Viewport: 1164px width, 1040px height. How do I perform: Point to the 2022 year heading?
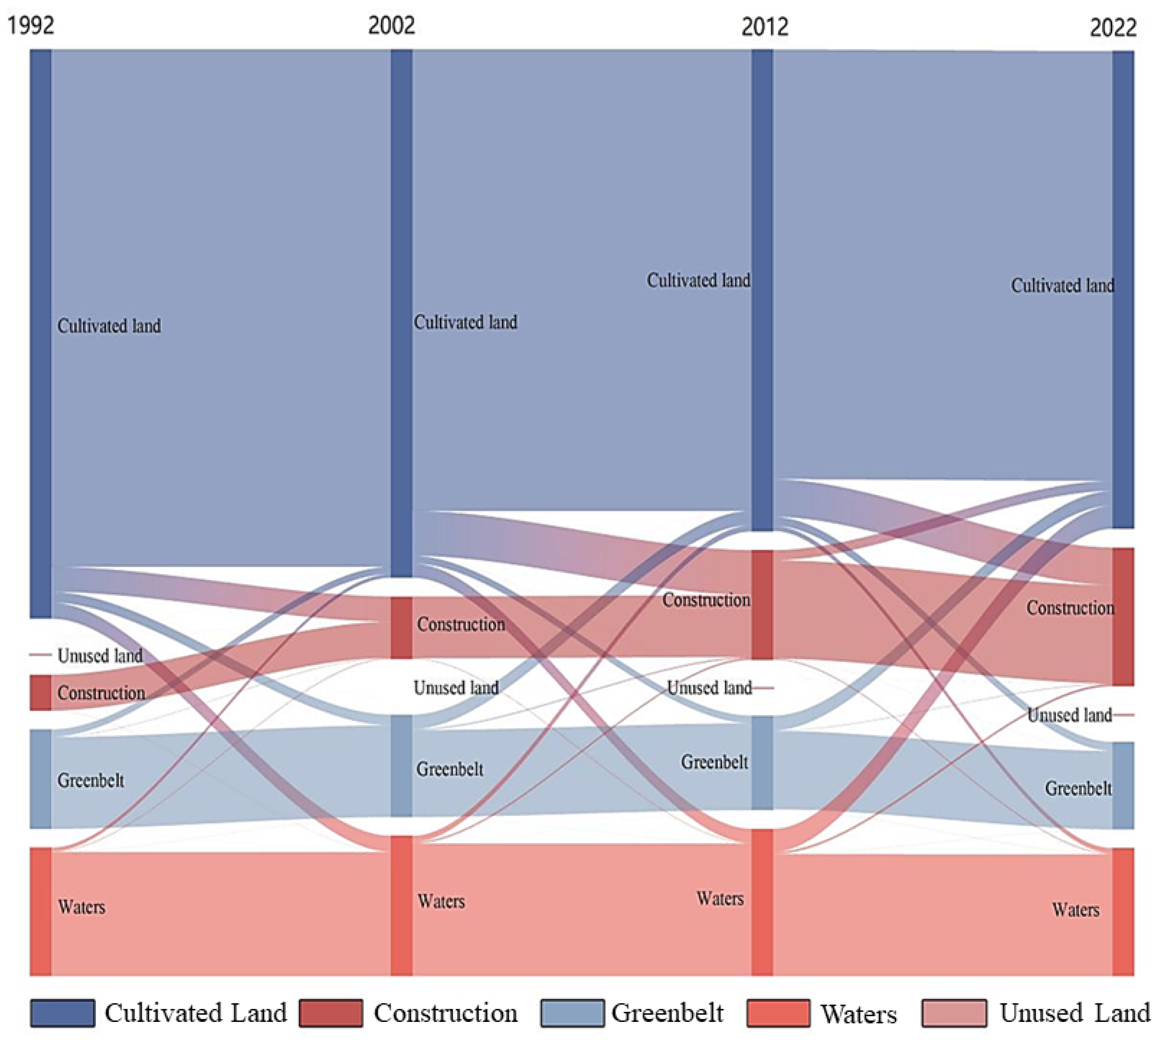(x=1112, y=27)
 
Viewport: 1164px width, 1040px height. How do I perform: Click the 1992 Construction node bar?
(x=41, y=692)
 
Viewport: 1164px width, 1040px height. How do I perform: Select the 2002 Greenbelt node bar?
(x=401, y=766)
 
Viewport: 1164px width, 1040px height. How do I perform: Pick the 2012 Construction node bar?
(x=761, y=605)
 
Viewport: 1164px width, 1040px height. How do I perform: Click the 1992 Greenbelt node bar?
(x=41, y=778)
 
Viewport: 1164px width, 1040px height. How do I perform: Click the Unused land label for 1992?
(x=100, y=656)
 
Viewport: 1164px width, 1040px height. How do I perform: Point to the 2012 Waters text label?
(x=720, y=899)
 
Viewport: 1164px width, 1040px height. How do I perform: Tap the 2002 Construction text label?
(x=461, y=624)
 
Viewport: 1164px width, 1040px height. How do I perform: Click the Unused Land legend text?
(x=1074, y=1013)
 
